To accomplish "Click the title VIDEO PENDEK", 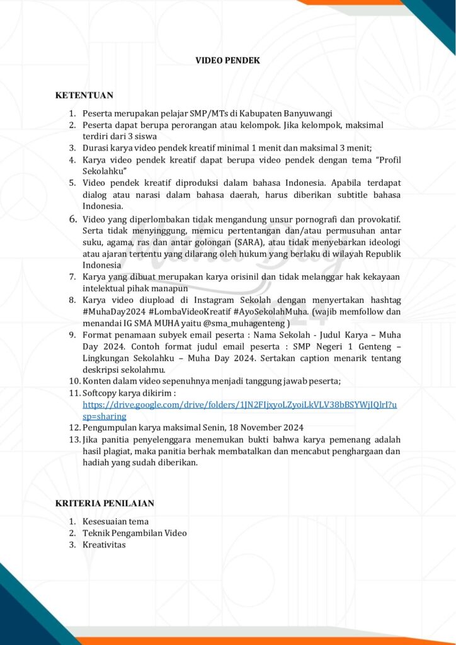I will tap(227, 60).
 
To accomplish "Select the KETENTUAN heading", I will tap(84, 95).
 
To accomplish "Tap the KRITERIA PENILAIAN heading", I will tap(105, 503).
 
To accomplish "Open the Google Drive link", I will tap(239, 404).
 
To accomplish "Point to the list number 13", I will tap(74, 439).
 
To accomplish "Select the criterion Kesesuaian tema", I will tap(115, 522).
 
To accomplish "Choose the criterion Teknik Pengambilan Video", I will tap(134, 533).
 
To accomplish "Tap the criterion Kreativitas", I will tap(104, 544).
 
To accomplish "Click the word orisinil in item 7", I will tap(253, 277).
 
